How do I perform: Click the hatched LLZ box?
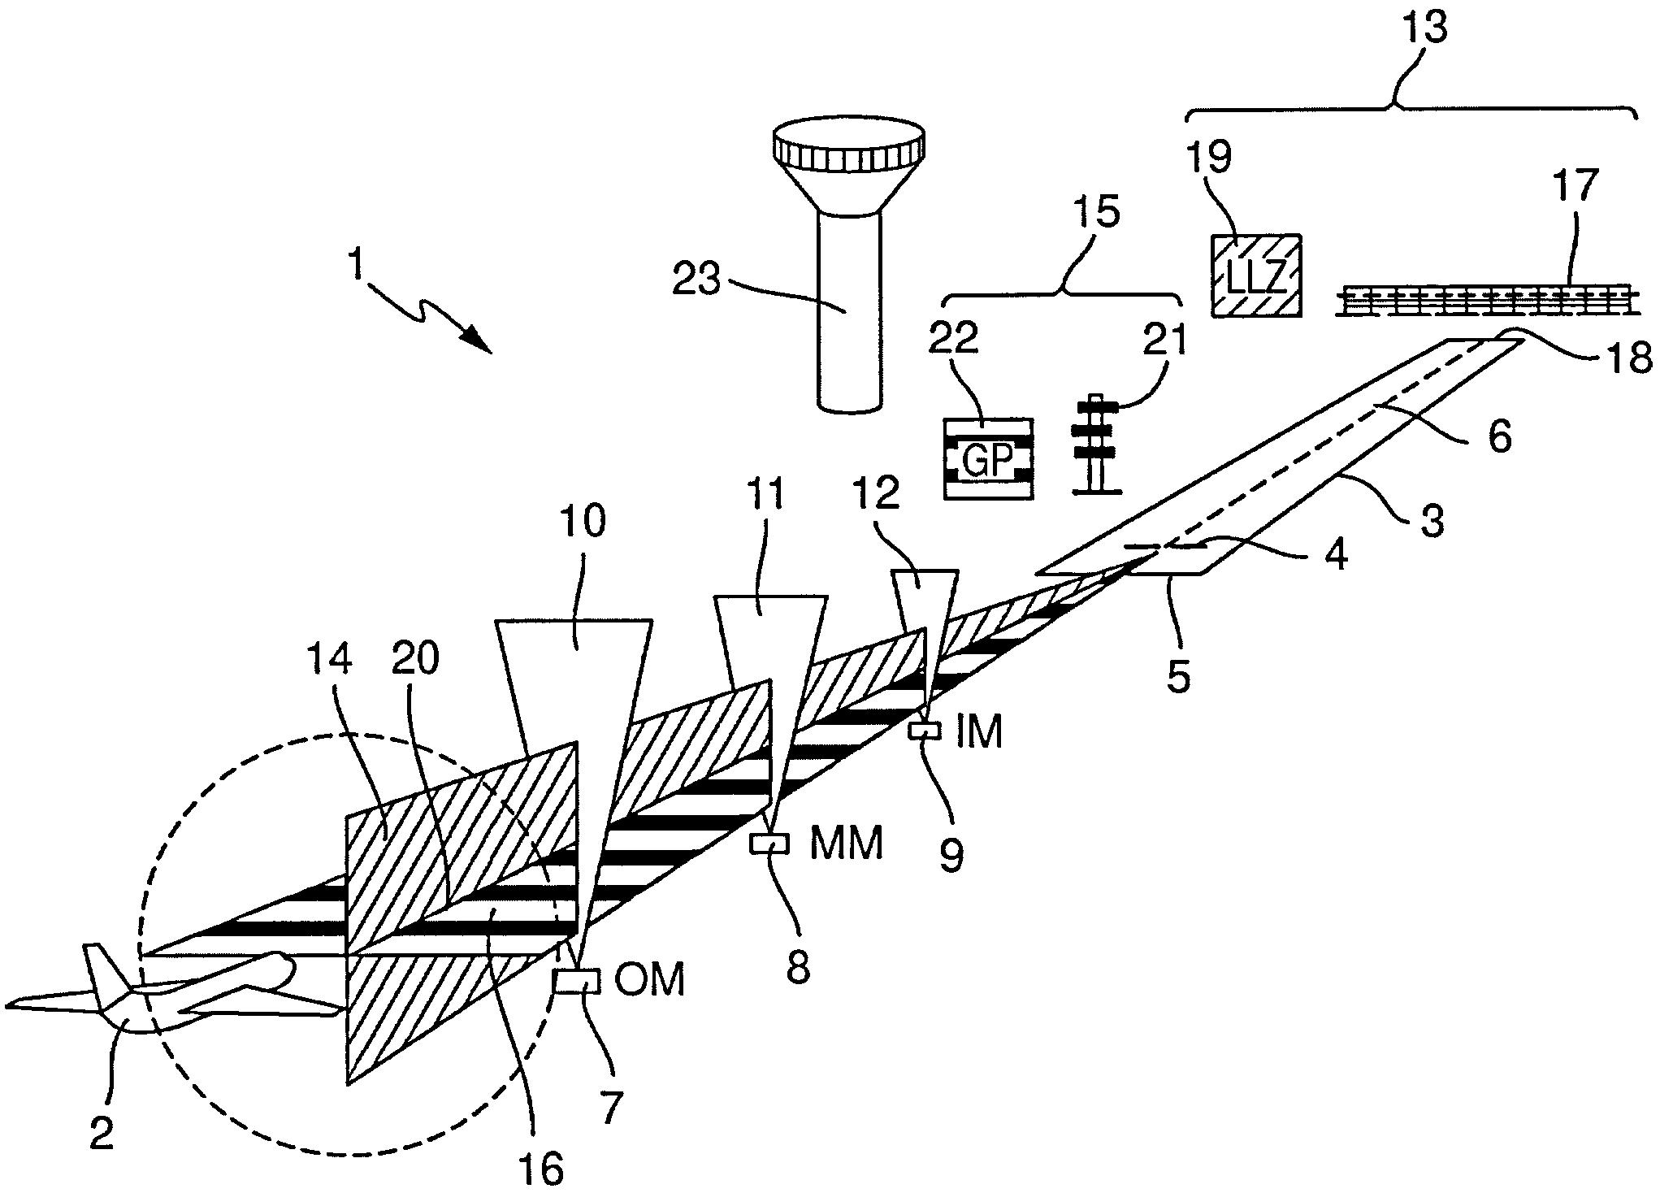[x=1257, y=275]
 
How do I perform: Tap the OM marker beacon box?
[x=576, y=981]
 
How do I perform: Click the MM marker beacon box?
[x=769, y=844]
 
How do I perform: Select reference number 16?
[x=544, y=1168]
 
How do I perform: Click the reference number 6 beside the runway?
[x=1499, y=436]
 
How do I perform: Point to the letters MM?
[x=847, y=844]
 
